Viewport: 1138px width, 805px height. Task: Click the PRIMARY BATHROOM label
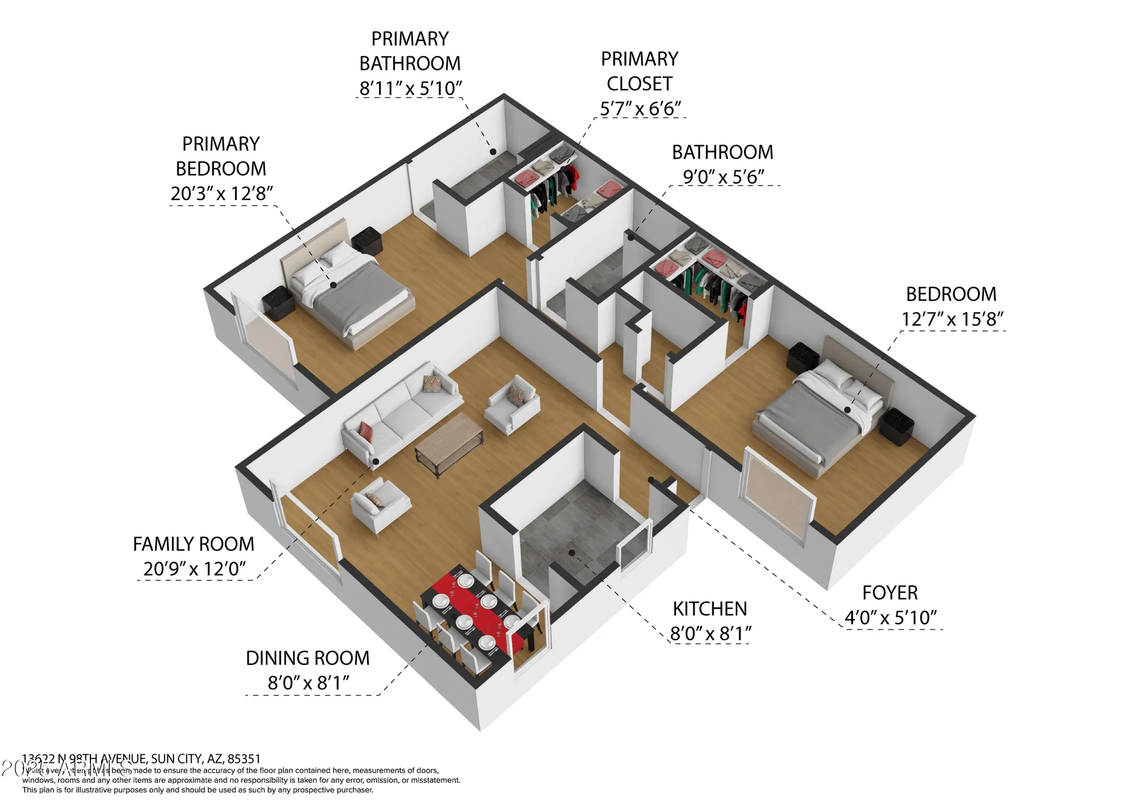click(410, 51)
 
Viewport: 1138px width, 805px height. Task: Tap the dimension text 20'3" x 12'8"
click(221, 194)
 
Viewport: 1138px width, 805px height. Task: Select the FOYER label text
click(890, 593)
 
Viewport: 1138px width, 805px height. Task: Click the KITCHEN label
click(710, 609)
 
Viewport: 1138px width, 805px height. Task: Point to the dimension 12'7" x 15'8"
click(952, 319)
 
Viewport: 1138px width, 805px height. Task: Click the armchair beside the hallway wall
click(512, 404)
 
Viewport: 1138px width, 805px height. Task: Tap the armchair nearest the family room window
click(380, 504)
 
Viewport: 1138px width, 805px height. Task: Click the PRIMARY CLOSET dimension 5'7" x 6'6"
click(640, 108)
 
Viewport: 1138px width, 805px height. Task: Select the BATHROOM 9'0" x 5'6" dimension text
click(723, 177)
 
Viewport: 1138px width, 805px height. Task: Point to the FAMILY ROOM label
click(193, 544)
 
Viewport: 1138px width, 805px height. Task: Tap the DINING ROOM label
click(307, 658)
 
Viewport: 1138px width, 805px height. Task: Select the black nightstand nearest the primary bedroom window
click(278, 302)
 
